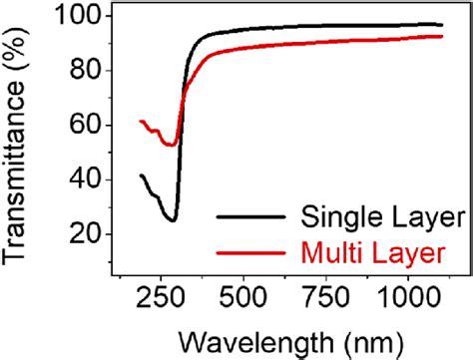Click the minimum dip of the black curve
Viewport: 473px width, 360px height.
[x=173, y=220]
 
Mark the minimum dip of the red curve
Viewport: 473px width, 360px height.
[x=172, y=146]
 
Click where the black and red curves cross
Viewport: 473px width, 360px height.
[x=183, y=96]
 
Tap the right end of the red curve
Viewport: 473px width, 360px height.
[x=442, y=36]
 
